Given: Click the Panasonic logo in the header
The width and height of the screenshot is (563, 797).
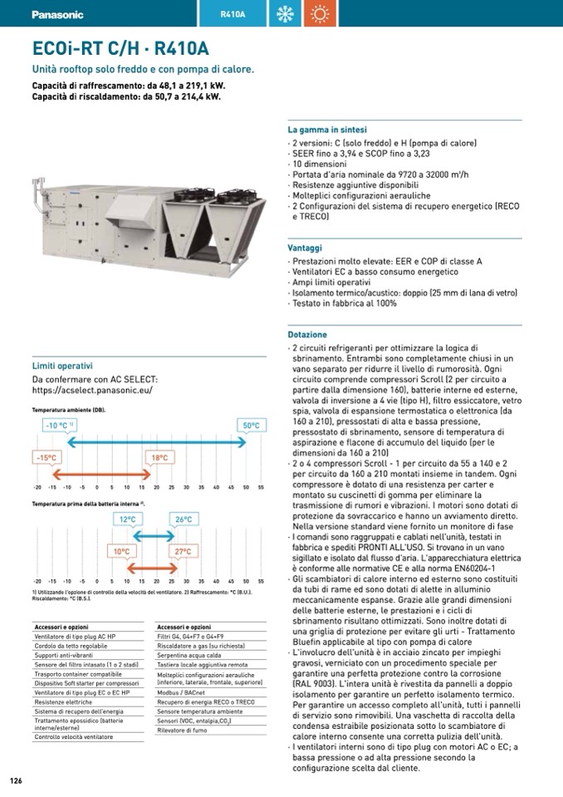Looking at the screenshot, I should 57,14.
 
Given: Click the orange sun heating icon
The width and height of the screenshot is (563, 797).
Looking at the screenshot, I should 317,14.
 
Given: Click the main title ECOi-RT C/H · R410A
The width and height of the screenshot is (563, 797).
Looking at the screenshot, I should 120,49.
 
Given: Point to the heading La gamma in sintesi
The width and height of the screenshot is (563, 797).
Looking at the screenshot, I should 327,130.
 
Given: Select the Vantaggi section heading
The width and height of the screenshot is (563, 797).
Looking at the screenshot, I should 305,248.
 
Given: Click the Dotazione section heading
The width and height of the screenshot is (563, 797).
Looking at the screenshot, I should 307,334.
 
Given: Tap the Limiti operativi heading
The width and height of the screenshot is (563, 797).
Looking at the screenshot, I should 62,366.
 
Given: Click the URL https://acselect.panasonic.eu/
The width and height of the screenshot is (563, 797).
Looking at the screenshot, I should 92,390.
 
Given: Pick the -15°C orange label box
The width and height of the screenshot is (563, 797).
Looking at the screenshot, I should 47,458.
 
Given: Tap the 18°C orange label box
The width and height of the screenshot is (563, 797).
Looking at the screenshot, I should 159,458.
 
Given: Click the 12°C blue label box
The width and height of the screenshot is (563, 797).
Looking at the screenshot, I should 127,519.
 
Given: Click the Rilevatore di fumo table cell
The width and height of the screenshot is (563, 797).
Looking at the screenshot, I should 182,730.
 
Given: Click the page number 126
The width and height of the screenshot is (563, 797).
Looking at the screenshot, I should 15,780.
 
